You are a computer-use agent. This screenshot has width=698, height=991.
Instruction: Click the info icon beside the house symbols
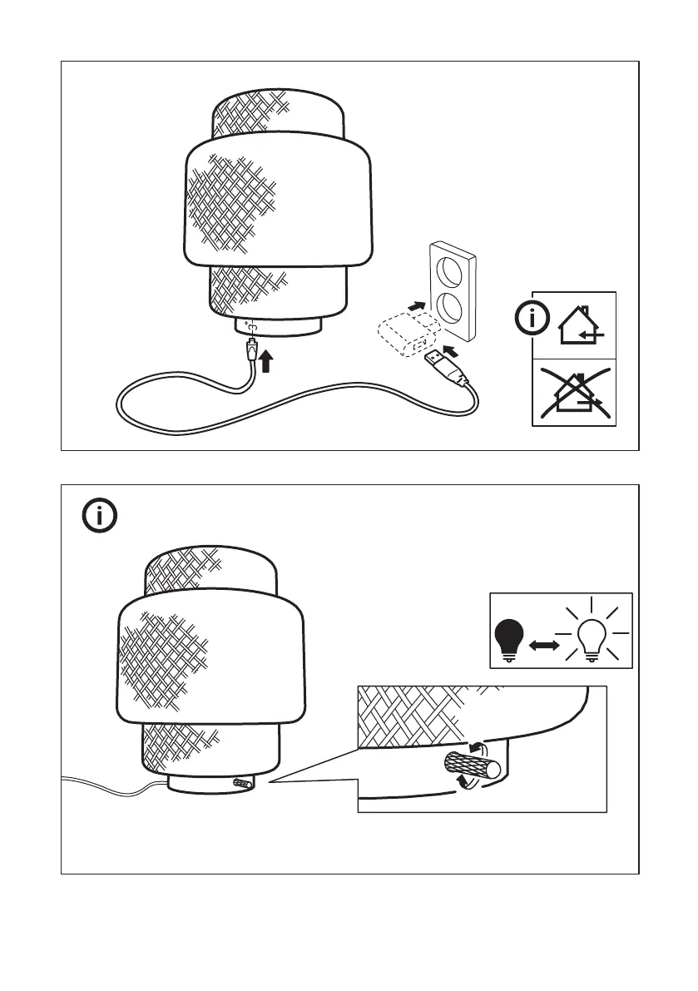pyautogui.click(x=532, y=317)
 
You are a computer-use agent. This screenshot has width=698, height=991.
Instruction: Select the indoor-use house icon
pyautogui.click(x=579, y=325)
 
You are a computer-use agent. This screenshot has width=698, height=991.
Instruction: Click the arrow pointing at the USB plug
pyautogui.click(x=450, y=344)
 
